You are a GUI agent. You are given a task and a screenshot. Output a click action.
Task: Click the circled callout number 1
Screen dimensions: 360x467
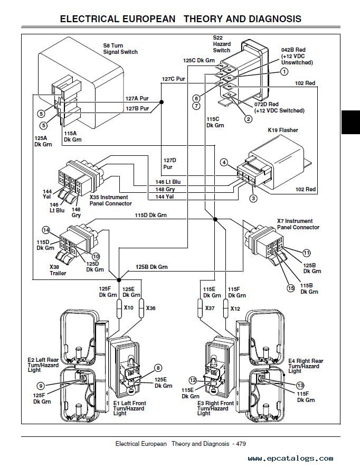pyautogui.click(x=285, y=71)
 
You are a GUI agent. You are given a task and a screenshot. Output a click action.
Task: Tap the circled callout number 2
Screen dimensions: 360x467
pyautogui.click(x=248, y=119)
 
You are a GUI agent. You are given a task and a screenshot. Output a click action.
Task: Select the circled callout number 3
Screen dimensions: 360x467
pyautogui.click(x=253, y=198)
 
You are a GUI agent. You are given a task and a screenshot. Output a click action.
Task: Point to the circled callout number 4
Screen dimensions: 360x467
pyautogui.click(x=224, y=162)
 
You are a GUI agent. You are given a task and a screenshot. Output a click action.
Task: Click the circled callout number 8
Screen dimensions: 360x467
pyautogui.click(x=158, y=368)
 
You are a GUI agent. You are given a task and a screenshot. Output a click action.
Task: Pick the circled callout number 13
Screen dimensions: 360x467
pyautogui.click(x=300, y=386)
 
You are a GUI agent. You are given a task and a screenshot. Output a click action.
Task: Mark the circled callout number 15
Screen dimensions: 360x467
pyautogui.click(x=291, y=288)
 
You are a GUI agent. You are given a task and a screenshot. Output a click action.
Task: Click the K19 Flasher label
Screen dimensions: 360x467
pyautogui.click(x=282, y=130)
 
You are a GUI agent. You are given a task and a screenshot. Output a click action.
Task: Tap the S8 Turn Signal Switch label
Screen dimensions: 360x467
pyautogui.click(x=120, y=49)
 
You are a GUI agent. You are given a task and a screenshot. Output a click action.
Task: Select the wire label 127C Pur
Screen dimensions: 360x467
pyautogui.click(x=173, y=79)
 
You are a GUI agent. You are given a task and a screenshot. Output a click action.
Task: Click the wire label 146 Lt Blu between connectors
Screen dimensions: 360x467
pyautogui.click(x=168, y=182)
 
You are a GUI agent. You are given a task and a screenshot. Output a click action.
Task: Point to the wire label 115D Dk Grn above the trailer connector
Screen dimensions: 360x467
pyautogui.click(x=150, y=215)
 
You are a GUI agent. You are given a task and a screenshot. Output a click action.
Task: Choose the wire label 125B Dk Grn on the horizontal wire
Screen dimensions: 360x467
pyautogui.click(x=151, y=267)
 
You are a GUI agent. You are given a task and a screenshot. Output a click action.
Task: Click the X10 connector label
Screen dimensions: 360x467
pyautogui.click(x=128, y=307)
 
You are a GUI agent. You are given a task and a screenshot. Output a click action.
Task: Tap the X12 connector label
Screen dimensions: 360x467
pyautogui.click(x=235, y=309)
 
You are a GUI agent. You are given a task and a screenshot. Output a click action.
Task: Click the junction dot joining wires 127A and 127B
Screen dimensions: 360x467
pyautogui.click(x=162, y=102)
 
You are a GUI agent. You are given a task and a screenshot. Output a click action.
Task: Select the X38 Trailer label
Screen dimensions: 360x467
pyautogui.click(x=58, y=270)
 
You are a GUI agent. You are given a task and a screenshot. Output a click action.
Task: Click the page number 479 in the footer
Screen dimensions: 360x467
pyautogui.click(x=241, y=444)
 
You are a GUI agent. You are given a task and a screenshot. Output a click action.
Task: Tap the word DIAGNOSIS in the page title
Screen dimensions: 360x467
pyautogui.click(x=275, y=19)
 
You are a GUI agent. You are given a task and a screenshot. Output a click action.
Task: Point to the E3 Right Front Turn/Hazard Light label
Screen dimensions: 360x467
pyautogui.click(x=215, y=408)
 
